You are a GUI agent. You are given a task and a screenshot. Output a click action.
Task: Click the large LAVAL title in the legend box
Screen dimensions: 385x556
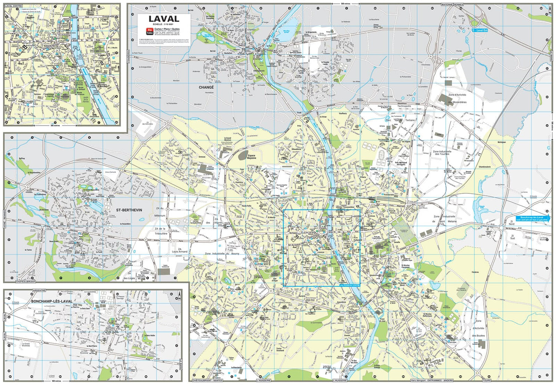pos(164,19)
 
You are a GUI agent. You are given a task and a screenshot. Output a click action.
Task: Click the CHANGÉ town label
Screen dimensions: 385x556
pos(206,88)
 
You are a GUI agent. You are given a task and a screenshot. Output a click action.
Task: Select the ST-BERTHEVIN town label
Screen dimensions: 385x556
pos(129,210)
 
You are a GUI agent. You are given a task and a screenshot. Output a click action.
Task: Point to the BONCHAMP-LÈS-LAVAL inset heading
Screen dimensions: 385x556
pos(52,301)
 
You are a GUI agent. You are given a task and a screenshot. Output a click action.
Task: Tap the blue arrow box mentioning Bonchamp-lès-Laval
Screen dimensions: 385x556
pos(531,219)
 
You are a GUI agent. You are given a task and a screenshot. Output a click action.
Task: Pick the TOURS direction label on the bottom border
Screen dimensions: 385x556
pos(486,380)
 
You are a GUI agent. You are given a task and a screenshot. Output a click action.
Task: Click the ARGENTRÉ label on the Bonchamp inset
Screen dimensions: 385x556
pos(39,290)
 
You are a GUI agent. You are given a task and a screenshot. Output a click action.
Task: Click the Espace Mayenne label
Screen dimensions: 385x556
pos(252,157)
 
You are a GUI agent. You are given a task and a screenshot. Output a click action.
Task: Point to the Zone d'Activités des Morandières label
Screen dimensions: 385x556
pos(457,98)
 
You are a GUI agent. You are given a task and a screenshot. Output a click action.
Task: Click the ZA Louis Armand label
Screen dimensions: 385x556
pos(180,251)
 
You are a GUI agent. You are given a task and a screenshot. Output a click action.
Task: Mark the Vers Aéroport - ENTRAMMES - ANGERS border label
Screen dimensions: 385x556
pos(431,380)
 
